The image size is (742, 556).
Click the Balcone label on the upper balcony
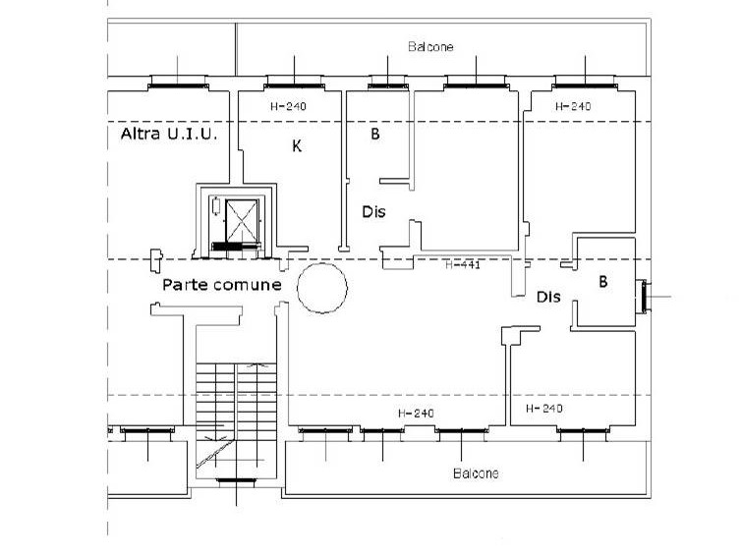(x=430, y=47)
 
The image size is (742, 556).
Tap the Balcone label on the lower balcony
(x=476, y=473)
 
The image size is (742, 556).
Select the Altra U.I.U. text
(x=169, y=134)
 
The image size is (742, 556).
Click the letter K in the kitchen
(x=297, y=146)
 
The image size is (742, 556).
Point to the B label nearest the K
(x=375, y=134)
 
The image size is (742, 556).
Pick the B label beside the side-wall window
(x=602, y=282)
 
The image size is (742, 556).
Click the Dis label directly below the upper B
(x=373, y=211)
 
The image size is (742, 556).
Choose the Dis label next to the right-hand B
(x=548, y=297)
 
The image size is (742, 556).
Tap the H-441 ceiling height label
(x=463, y=264)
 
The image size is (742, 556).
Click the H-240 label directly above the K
(x=288, y=106)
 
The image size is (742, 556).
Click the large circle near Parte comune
(x=322, y=288)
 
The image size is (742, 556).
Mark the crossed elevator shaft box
(x=242, y=221)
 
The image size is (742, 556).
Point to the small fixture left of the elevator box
(x=216, y=205)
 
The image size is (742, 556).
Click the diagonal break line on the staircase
(x=215, y=454)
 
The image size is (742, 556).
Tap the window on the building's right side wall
(x=644, y=297)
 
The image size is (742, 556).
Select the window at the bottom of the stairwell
(x=236, y=480)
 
